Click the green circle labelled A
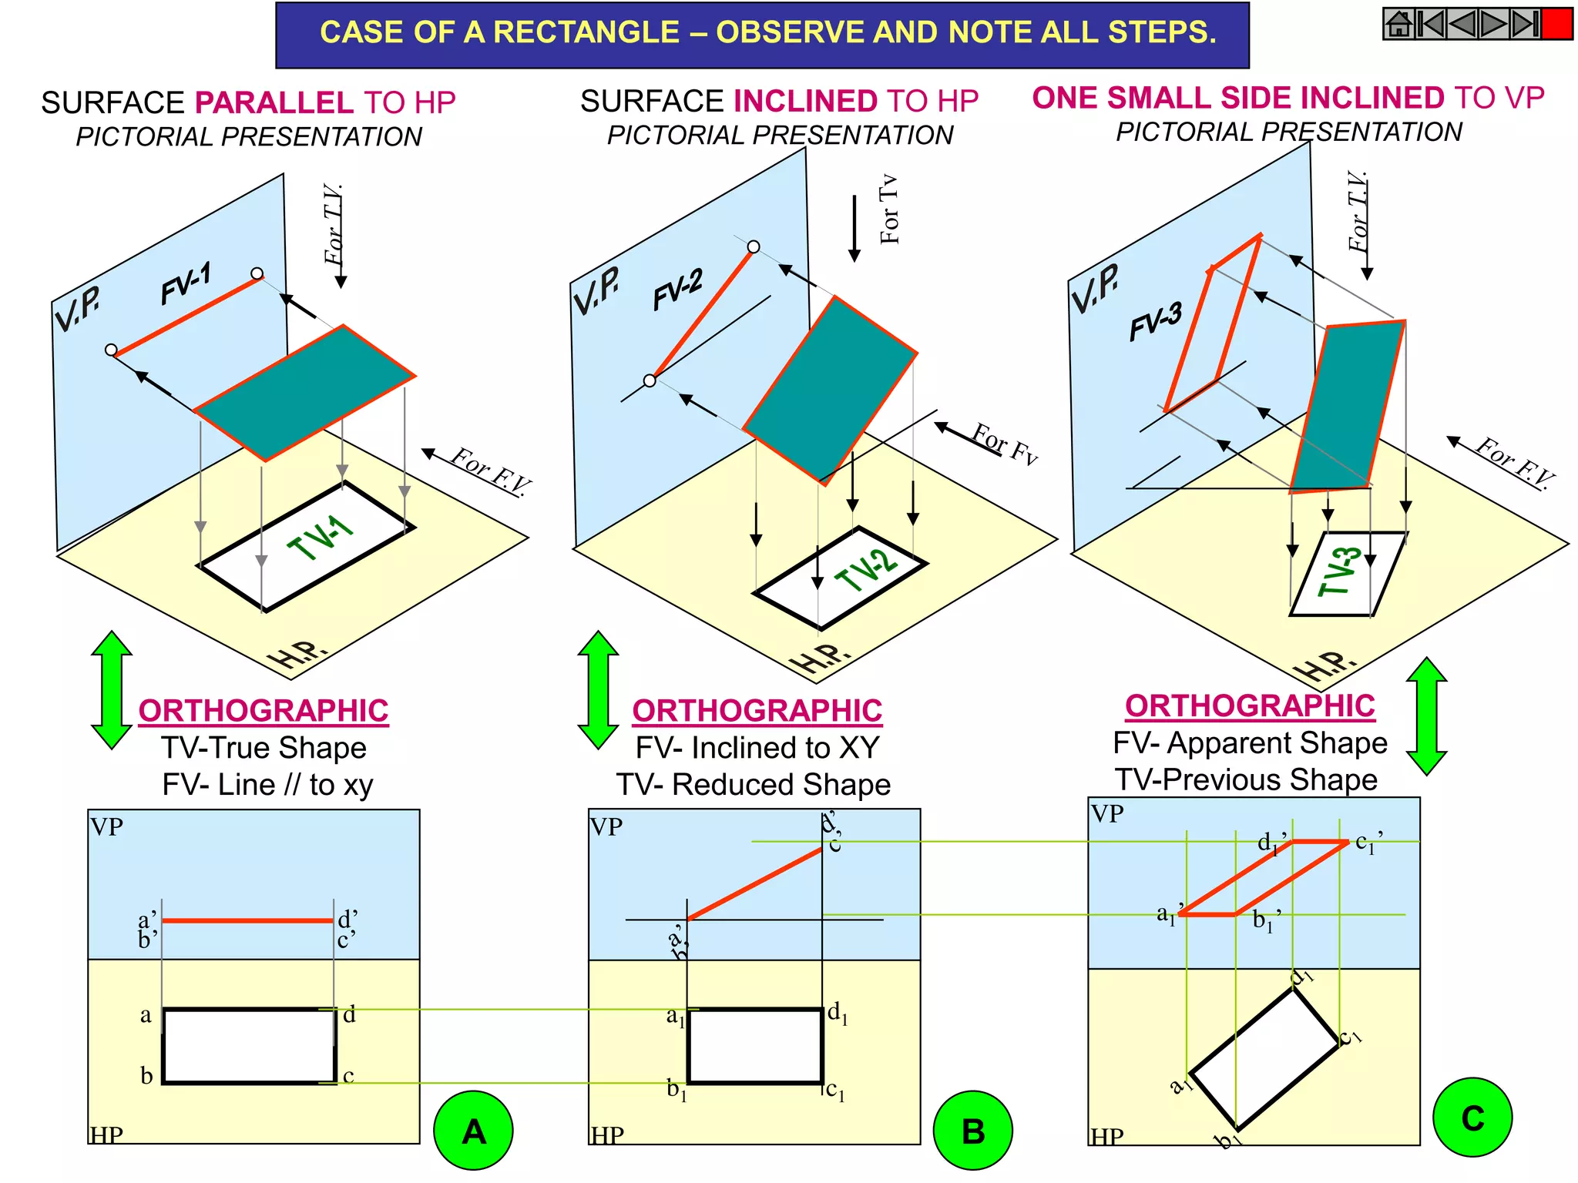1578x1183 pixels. pyautogui.click(x=473, y=1130)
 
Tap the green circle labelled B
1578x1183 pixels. pyautogui.click(x=972, y=1130)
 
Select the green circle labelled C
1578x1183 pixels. pyautogui.click(x=1472, y=1117)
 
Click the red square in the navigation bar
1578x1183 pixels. pyautogui.click(x=1557, y=24)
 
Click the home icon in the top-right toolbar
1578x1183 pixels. pyautogui.click(x=1399, y=24)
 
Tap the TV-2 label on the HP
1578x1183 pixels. pyautogui.click(x=867, y=570)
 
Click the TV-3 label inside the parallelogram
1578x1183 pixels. pyautogui.click(x=1338, y=571)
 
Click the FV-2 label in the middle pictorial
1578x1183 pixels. pyautogui.click(x=678, y=290)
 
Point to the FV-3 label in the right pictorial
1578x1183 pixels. pyautogui.click(x=1155, y=320)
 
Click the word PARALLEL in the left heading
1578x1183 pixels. pyautogui.click(x=274, y=102)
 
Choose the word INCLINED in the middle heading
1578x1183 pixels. pyautogui.click(x=805, y=101)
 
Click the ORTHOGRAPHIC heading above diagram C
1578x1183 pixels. pyautogui.click(x=1250, y=705)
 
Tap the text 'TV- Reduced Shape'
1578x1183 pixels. pyautogui.click(x=754, y=784)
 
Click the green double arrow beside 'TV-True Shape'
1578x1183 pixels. pyautogui.click(x=112, y=690)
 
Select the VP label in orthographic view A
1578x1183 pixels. pyautogui.click(x=106, y=826)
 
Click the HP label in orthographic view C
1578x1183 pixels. pyautogui.click(x=1106, y=1136)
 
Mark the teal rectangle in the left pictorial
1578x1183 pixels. pyautogui.click(x=305, y=393)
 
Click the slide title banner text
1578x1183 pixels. pyautogui.click(x=767, y=32)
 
